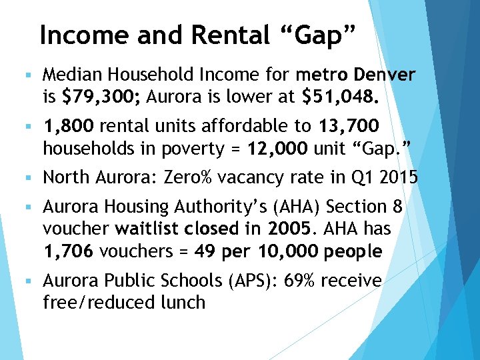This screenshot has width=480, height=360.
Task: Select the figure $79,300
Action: (x=99, y=98)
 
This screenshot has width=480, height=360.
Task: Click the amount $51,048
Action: (x=341, y=98)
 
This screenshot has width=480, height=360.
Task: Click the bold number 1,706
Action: (x=70, y=252)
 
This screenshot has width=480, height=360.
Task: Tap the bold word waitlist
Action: (x=141, y=230)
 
